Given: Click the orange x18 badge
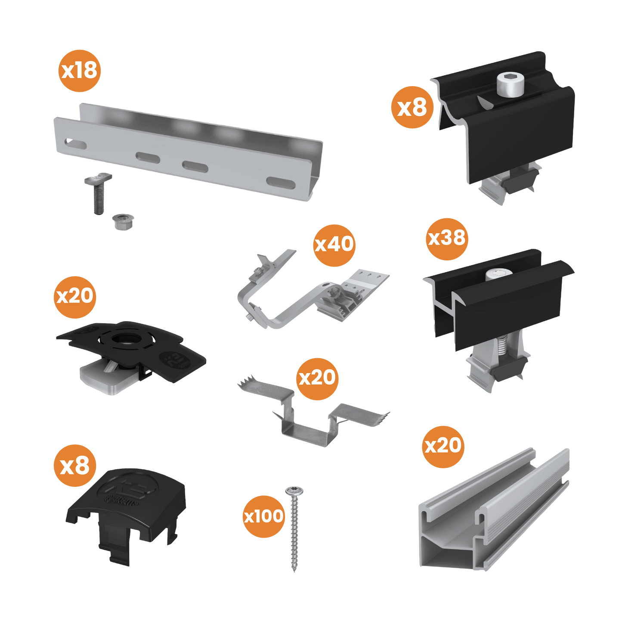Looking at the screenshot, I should click(x=80, y=71).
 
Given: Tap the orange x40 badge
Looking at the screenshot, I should click(x=334, y=245).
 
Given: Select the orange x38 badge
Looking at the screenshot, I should click(x=447, y=238).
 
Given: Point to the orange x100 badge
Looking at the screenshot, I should click(x=263, y=516).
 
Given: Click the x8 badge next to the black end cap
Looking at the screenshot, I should click(x=74, y=466).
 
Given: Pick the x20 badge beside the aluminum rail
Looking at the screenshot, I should click(x=443, y=446).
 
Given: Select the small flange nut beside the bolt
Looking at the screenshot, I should click(x=121, y=222).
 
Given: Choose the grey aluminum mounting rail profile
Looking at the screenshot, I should click(x=495, y=512).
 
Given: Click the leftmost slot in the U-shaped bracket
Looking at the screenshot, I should click(x=75, y=143).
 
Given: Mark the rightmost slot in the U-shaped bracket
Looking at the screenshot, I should click(x=280, y=183).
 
